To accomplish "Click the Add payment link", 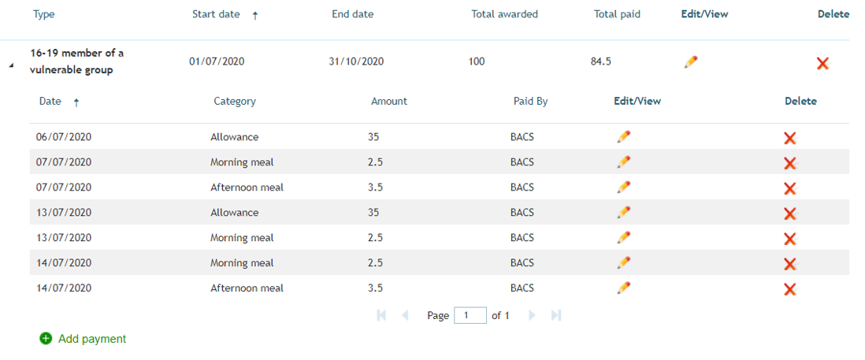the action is point(92,339).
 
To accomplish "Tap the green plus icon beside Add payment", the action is point(45,339).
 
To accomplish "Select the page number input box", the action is point(470,315).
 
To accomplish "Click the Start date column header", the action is point(216,14).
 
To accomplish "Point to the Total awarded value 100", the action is point(477,61).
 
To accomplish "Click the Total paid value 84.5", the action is point(601,61).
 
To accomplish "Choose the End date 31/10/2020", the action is point(356,61).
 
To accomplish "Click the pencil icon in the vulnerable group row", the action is point(691,61).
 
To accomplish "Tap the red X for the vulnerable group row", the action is point(822,63).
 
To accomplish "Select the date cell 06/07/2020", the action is point(64,137).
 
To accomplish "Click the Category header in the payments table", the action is point(235,102).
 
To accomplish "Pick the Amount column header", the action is point(389,102).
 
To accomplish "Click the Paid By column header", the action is point(531,102).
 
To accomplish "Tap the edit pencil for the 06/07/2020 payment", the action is point(624,136).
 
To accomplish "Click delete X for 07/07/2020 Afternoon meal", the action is point(790,188).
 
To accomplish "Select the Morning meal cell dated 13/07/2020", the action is point(242,238).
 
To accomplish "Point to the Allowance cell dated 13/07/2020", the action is point(235,213).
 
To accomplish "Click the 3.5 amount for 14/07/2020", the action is point(376,288).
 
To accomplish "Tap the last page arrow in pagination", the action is point(556,315).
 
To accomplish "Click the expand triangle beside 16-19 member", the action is point(11,65).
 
